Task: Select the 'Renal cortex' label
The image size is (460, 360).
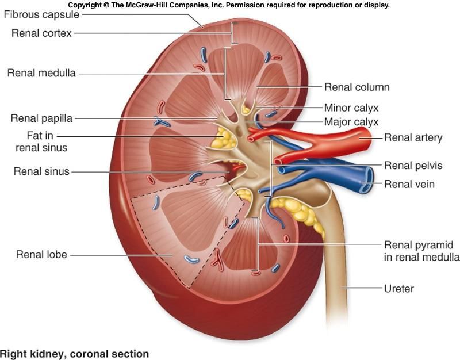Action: point(41,33)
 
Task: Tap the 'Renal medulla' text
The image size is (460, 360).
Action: point(41,73)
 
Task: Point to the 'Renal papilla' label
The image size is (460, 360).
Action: point(41,118)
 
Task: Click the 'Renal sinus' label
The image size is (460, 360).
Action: point(41,171)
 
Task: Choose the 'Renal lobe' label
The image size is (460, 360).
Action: point(41,254)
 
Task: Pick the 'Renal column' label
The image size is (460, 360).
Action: point(357,87)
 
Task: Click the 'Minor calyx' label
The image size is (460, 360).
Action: point(351,108)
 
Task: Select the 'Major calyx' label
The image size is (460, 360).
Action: point(351,121)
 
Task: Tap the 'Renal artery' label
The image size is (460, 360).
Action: point(413,137)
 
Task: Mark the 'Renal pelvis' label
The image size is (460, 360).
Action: point(413,166)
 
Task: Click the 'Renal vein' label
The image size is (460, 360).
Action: point(409,185)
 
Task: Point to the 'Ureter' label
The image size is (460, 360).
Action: point(399,288)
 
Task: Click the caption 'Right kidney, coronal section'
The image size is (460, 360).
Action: point(74,354)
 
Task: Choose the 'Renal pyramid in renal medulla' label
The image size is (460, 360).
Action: point(421,250)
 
